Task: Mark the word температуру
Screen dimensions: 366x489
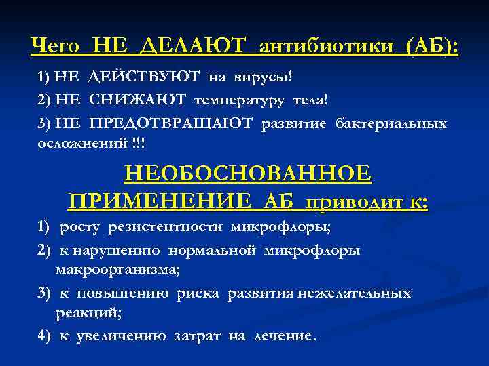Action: tap(241, 100)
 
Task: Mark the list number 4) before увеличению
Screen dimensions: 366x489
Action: tap(44, 335)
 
